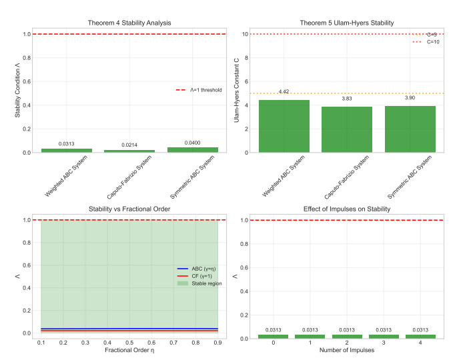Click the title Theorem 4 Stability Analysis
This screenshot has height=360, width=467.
(x=129, y=23)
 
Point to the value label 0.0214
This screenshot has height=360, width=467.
(x=129, y=145)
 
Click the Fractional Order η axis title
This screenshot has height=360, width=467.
(x=129, y=350)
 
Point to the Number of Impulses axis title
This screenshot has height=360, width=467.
(x=344, y=350)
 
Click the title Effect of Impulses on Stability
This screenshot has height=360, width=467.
(x=344, y=209)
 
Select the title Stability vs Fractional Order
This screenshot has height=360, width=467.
(x=129, y=209)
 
